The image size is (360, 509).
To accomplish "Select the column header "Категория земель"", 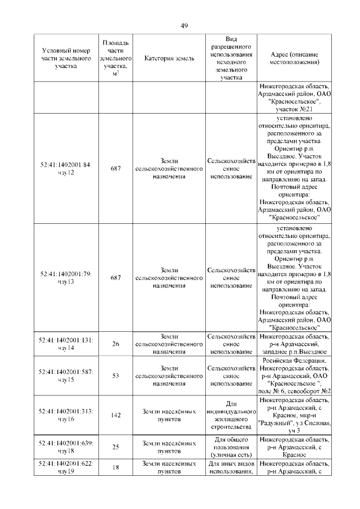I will click(169, 58).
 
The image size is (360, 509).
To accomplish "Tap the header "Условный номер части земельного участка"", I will click(66, 58).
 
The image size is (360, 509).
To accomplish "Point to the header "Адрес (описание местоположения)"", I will click(294, 58).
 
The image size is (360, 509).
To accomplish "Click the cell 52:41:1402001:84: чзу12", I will click(66, 168).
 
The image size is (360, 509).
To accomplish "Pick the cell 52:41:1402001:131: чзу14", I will click(66, 344).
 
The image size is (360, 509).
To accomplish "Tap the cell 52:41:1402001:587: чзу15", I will click(66, 376).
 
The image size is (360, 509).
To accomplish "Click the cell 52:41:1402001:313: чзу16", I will click(66, 415).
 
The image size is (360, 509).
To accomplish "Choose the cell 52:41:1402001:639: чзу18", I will click(66, 447).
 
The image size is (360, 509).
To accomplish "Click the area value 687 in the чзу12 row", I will click(116, 168).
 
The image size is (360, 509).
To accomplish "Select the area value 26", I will click(116, 344).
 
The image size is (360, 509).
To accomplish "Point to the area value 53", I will click(116, 376).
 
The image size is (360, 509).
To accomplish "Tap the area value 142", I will click(116, 415).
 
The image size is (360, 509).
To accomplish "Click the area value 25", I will click(116, 447).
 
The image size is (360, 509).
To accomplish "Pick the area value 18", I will click(116, 467).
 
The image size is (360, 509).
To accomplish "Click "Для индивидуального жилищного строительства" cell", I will click(231, 415).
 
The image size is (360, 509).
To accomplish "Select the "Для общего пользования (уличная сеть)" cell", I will click(231, 447).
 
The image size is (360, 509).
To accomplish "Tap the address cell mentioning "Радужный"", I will click(294, 415).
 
